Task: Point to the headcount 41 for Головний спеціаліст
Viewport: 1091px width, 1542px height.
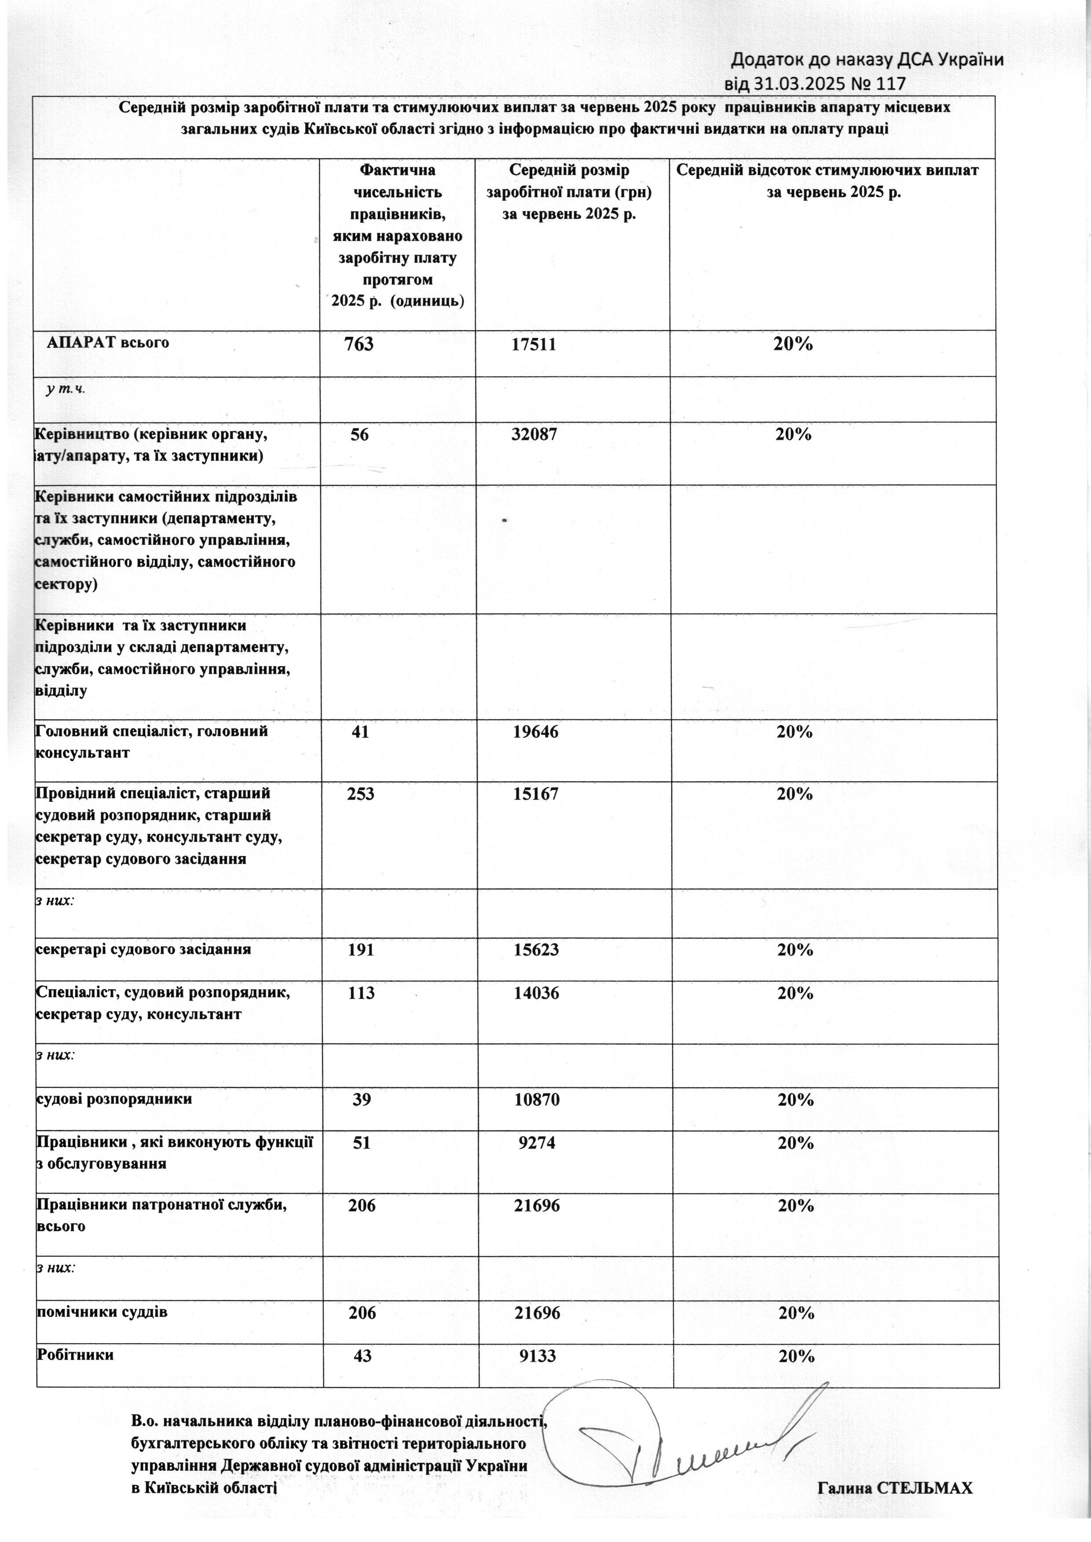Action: click(x=360, y=731)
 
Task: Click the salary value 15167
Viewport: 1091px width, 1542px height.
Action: click(x=535, y=794)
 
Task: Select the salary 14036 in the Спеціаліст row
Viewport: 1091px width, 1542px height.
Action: click(x=535, y=993)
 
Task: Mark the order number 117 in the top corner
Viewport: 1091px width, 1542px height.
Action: click(x=891, y=83)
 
